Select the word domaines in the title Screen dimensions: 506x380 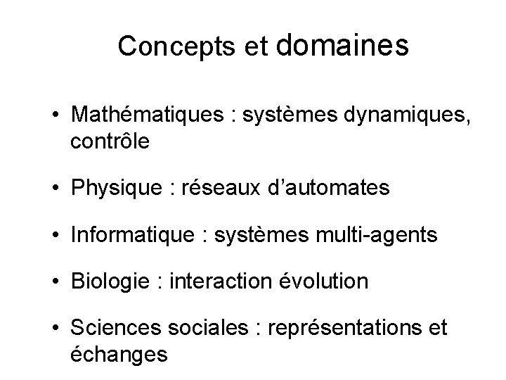point(344,44)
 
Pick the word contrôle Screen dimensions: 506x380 point(110,141)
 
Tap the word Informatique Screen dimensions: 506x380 point(131,234)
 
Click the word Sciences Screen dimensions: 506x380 point(115,328)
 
